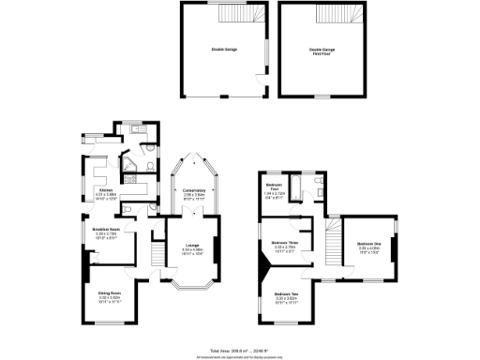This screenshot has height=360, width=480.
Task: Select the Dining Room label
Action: [111, 298]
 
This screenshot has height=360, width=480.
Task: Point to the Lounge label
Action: [191, 250]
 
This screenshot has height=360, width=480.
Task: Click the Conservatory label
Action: [194, 193]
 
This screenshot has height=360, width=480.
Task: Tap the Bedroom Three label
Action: [285, 246]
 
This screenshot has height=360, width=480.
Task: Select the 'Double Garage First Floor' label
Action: [322, 52]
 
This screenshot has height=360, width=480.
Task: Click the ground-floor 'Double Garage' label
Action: [223, 49]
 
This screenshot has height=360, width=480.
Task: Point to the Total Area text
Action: [239, 346]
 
